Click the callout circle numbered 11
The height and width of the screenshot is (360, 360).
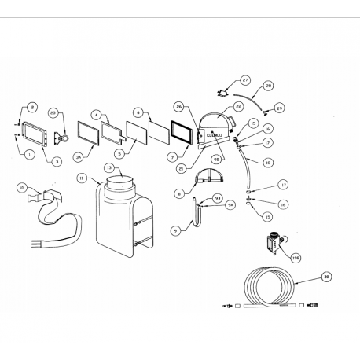pyautogui.click(x=80, y=178)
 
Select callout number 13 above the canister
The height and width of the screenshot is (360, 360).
pyautogui.click(x=108, y=168)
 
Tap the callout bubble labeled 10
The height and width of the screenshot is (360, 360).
pyautogui.click(x=22, y=186)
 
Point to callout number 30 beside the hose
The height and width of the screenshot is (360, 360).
pyautogui.click(x=326, y=277)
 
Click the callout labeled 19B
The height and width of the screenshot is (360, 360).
pyautogui.click(x=296, y=255)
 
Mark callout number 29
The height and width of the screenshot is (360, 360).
pyautogui.click(x=279, y=107)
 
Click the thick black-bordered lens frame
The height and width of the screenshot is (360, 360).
pyautogui.click(x=182, y=132)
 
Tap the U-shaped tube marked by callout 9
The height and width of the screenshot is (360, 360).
pyautogui.click(x=197, y=216)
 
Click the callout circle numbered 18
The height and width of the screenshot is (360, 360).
pyautogui.click(x=268, y=163)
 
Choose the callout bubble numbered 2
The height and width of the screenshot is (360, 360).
pyautogui.click(x=32, y=107)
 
